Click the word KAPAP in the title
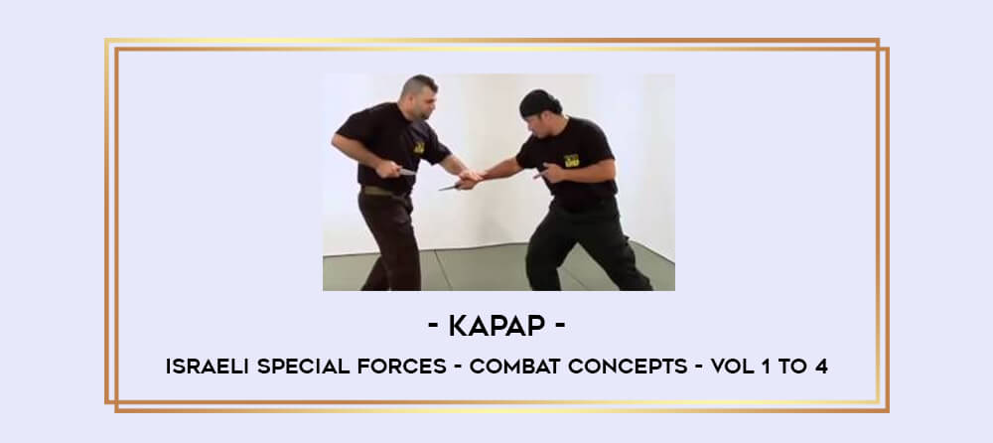pyautogui.click(x=496, y=327)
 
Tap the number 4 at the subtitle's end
pyautogui.click(x=821, y=367)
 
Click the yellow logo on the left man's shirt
pyautogui.click(x=419, y=147)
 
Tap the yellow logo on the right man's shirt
pyautogui.click(x=571, y=160)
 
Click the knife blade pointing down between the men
pyautogui.click(x=451, y=186)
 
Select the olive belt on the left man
pyautogui.click(x=377, y=190)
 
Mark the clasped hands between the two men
pyautogui.click(x=470, y=178)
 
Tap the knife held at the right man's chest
pyautogui.click(x=543, y=173)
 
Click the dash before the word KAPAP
pyautogui.click(x=433, y=327)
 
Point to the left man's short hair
pyautogui.click(x=417, y=85)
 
